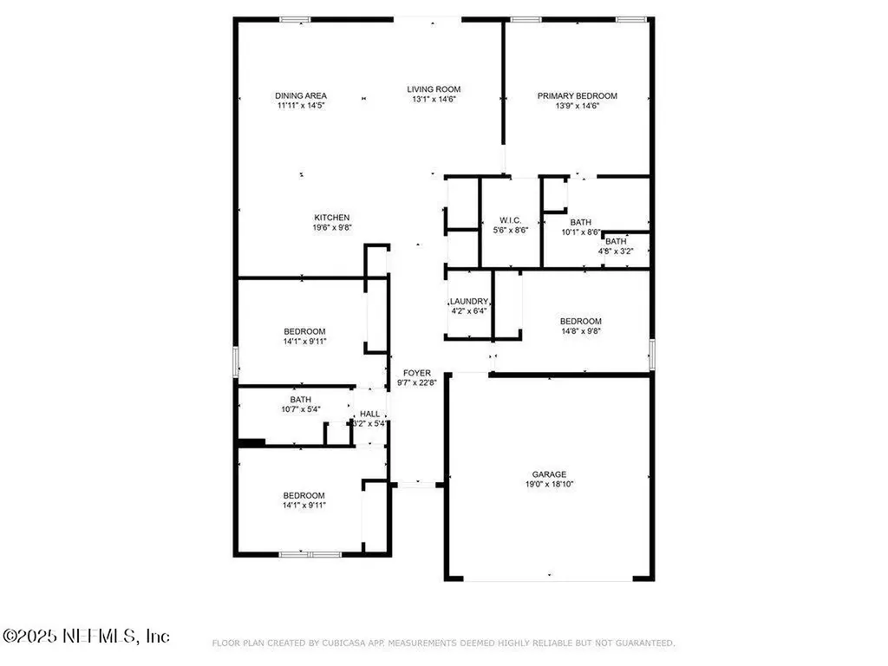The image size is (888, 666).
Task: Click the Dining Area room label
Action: (301, 95)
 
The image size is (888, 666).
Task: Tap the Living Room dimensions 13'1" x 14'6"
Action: (434, 99)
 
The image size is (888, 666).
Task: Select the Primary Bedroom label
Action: (577, 95)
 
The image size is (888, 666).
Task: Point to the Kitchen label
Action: (332, 218)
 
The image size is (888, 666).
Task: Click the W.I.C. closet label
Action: (510, 220)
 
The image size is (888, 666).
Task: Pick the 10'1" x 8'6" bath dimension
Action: (580, 232)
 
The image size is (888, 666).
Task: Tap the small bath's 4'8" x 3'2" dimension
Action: (616, 251)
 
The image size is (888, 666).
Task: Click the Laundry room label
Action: (469, 301)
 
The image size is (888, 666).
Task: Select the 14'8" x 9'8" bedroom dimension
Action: (581, 331)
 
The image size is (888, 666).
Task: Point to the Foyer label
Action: (417, 373)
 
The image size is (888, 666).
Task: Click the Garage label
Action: (549, 474)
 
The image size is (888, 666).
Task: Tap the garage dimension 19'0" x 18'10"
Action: (549, 484)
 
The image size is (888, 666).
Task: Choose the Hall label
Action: (369, 414)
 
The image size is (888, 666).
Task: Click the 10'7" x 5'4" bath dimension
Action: (301, 409)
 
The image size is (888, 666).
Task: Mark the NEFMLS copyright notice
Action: (86, 636)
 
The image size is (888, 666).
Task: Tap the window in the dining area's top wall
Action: (295, 19)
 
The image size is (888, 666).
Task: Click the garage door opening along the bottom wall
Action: (548, 578)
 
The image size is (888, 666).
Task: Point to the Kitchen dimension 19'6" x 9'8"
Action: (332, 228)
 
